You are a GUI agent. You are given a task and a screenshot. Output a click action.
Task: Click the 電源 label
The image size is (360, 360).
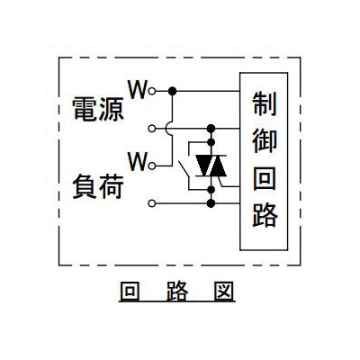[x=98, y=109]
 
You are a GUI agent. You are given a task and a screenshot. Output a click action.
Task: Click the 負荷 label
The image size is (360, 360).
[x=98, y=186]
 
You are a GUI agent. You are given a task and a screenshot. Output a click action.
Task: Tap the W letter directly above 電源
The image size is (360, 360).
[x=138, y=89]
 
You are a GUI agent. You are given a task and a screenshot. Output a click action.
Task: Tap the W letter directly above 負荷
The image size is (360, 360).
[x=138, y=161]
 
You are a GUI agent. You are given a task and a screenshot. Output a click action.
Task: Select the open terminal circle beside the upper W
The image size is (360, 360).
[x=152, y=91]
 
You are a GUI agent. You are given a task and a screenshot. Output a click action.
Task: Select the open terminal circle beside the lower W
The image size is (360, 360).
[x=152, y=166]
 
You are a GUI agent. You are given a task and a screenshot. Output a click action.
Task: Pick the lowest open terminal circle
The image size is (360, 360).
[x=152, y=203]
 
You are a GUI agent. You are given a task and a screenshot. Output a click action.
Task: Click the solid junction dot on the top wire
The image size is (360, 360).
[x=172, y=91]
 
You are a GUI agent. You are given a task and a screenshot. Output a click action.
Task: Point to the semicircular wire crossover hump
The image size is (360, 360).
[x=167, y=129]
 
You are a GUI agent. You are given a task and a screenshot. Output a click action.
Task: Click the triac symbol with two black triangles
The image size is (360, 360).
[x=211, y=166]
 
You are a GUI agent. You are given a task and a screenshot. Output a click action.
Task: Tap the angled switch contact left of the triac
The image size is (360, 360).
[x=184, y=169]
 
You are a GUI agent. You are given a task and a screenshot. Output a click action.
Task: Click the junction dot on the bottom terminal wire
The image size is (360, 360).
[x=211, y=203]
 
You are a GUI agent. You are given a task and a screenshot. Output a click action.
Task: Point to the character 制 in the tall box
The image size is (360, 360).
[x=265, y=103]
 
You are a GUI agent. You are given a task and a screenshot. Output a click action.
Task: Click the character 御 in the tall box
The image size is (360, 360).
[x=265, y=140]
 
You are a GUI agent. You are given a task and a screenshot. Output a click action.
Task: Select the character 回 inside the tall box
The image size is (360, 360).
[x=265, y=178]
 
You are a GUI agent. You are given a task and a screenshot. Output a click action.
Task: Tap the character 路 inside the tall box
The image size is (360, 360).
[x=265, y=215]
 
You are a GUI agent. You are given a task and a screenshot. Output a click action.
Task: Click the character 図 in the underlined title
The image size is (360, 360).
[x=223, y=291]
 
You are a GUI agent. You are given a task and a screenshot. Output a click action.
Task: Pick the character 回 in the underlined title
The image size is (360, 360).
[x=130, y=291]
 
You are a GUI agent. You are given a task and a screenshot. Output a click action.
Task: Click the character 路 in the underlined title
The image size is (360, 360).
[x=177, y=291]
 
